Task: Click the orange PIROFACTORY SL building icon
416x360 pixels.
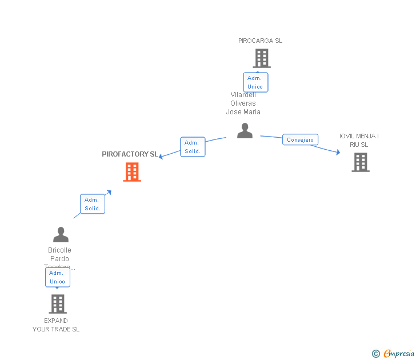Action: [x=132, y=172]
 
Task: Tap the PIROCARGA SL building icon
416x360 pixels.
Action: [x=261, y=58]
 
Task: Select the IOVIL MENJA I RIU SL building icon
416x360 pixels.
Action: [x=360, y=162]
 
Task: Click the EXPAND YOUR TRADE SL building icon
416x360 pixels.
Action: [x=58, y=304]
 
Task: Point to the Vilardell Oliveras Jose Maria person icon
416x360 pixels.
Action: [x=245, y=131]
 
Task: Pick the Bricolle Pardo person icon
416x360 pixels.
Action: [x=61, y=235]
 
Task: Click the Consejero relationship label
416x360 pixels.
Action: [x=300, y=140]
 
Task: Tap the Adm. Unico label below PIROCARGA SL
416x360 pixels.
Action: [x=255, y=82]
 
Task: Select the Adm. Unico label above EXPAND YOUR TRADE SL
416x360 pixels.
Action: [x=57, y=277]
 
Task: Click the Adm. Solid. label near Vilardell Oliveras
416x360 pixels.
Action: [x=193, y=147]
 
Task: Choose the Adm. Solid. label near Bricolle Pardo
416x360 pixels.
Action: [x=92, y=204]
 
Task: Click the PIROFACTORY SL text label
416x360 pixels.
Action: [x=130, y=154]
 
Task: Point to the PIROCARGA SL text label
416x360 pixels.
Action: [x=260, y=41]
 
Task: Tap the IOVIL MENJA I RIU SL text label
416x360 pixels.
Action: [x=359, y=141]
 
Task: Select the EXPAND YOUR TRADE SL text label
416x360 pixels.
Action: [x=56, y=325]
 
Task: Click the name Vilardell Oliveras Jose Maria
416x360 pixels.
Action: [x=243, y=103]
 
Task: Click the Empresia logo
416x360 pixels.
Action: [x=399, y=354]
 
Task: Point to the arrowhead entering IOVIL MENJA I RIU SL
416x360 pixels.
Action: [x=338, y=153]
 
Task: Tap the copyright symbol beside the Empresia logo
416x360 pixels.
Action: [x=375, y=354]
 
